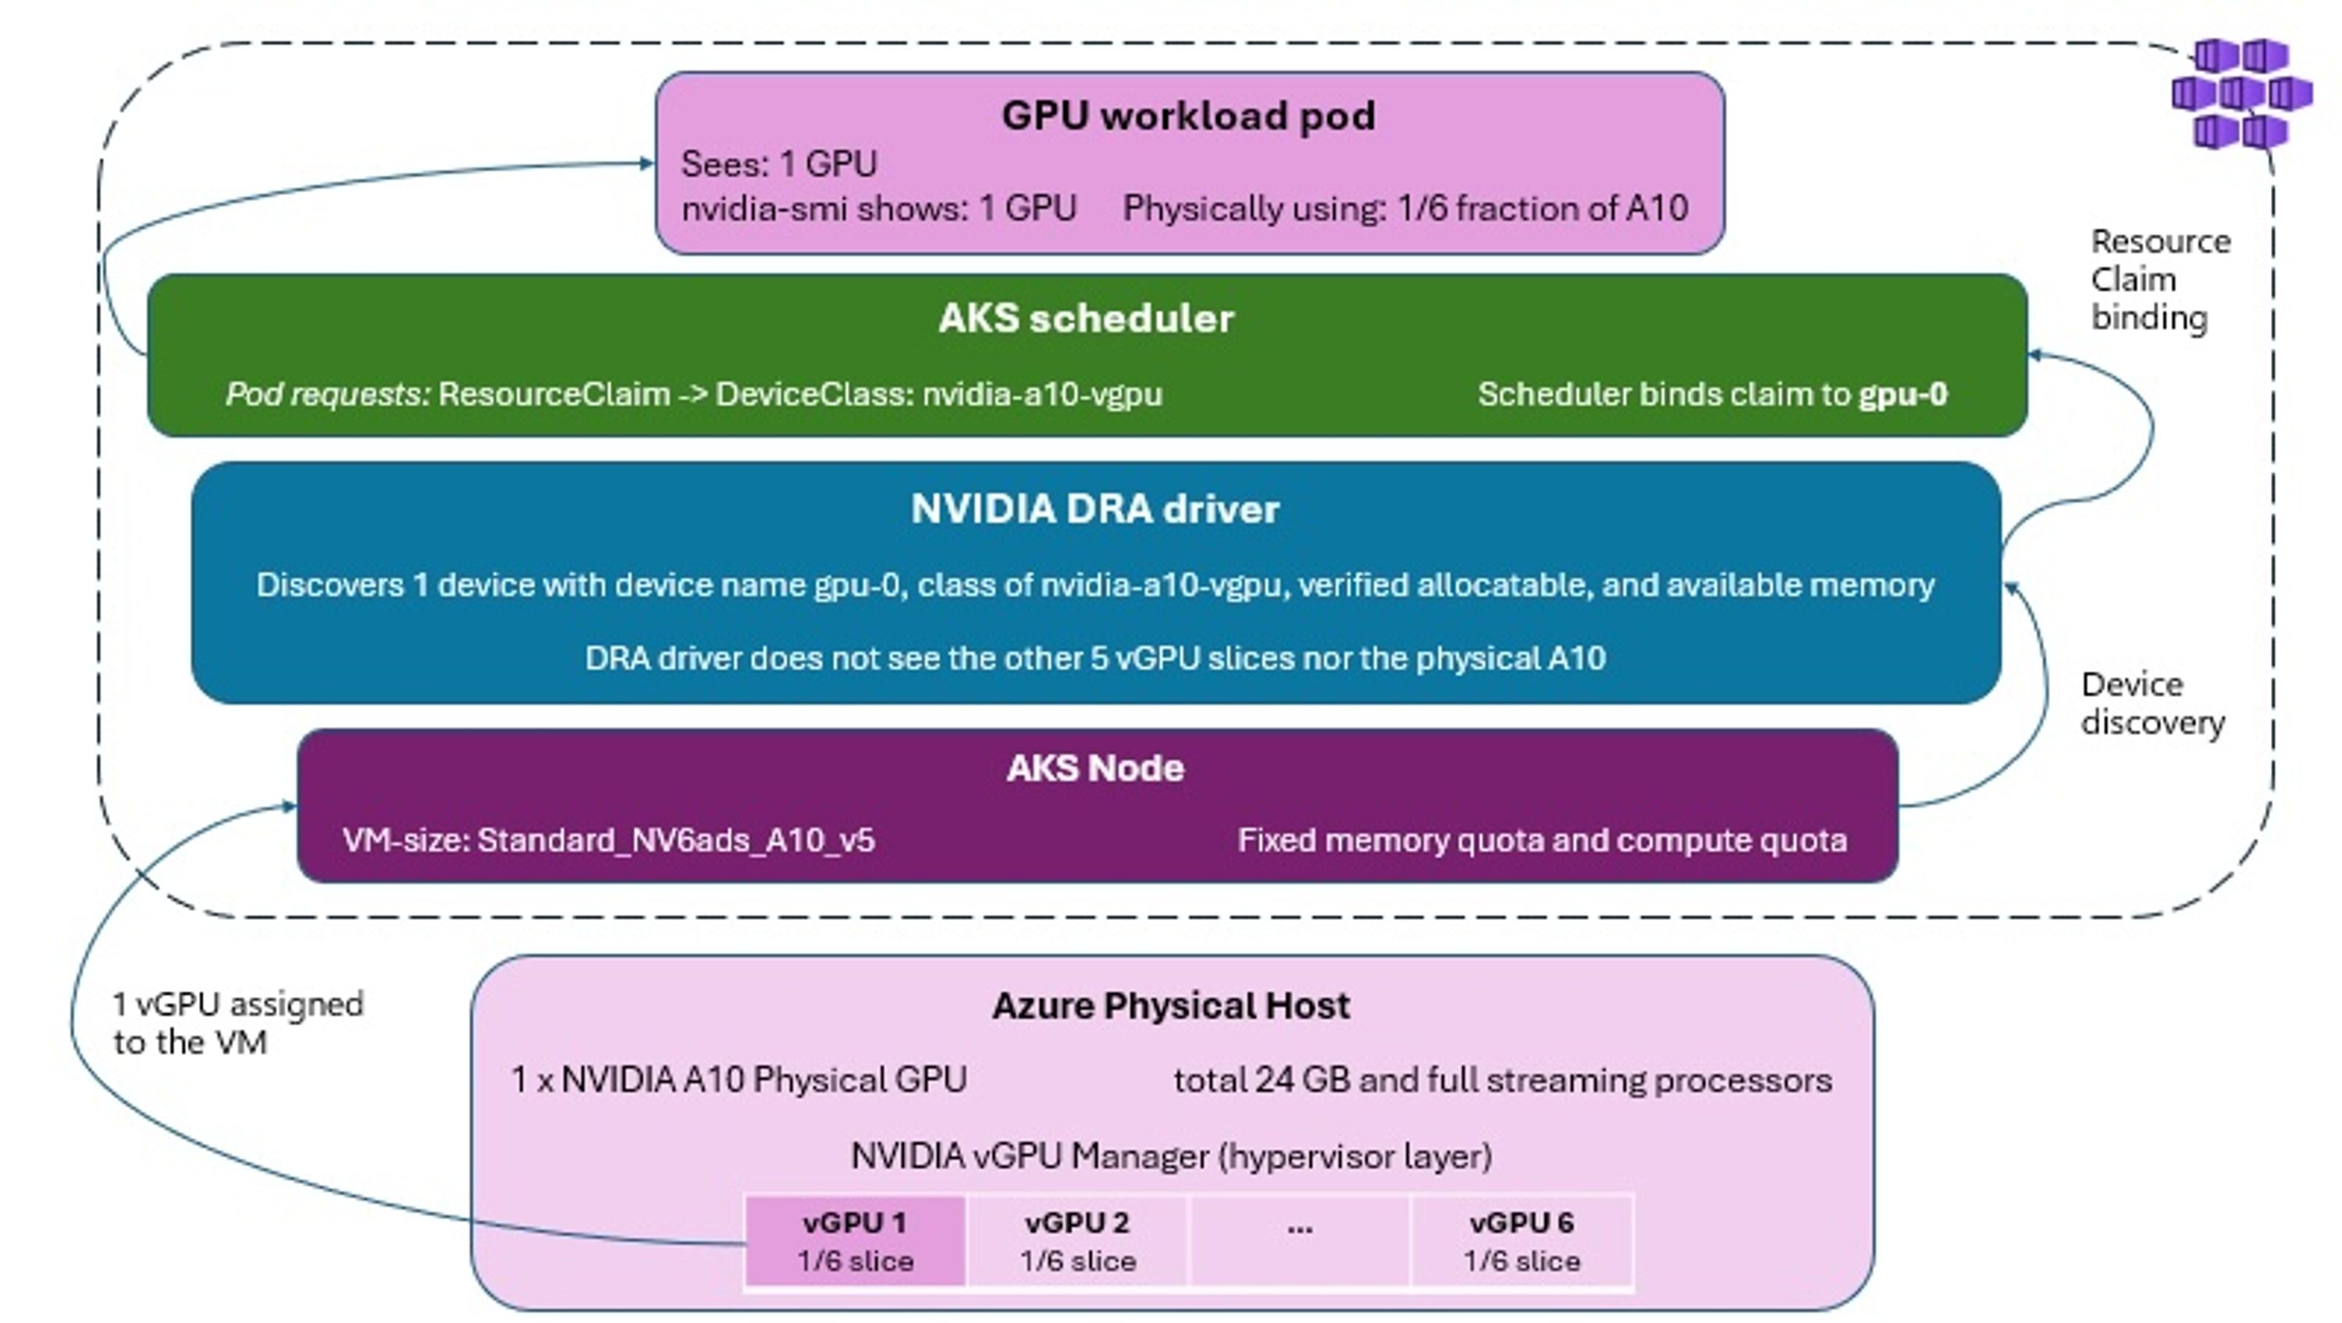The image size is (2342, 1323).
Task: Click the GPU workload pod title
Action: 1188,116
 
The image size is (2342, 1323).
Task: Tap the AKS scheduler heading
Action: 1087,318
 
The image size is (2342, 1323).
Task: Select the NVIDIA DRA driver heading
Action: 1094,509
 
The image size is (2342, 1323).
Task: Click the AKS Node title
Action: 1095,768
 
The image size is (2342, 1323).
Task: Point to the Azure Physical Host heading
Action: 1171,1005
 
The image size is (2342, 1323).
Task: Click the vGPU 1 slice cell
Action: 855,1241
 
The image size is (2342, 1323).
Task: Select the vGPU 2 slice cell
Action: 1077,1241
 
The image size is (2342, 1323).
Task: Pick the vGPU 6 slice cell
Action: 1522,1241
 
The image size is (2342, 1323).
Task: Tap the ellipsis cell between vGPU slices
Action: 1300,1241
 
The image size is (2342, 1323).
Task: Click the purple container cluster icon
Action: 2242,93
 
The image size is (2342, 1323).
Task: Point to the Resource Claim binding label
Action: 2160,279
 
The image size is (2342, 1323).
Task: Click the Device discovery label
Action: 2153,703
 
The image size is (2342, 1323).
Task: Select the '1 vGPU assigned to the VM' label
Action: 237,1023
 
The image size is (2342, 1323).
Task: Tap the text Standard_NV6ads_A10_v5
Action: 675,840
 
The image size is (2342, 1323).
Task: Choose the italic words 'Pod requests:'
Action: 328,395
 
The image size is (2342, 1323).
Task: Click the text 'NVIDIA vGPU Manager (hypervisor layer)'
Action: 1171,1157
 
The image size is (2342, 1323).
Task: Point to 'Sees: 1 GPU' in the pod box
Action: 779,165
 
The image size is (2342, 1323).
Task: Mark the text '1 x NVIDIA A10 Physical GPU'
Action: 739,1080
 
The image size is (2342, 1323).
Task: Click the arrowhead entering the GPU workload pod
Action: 646,164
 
